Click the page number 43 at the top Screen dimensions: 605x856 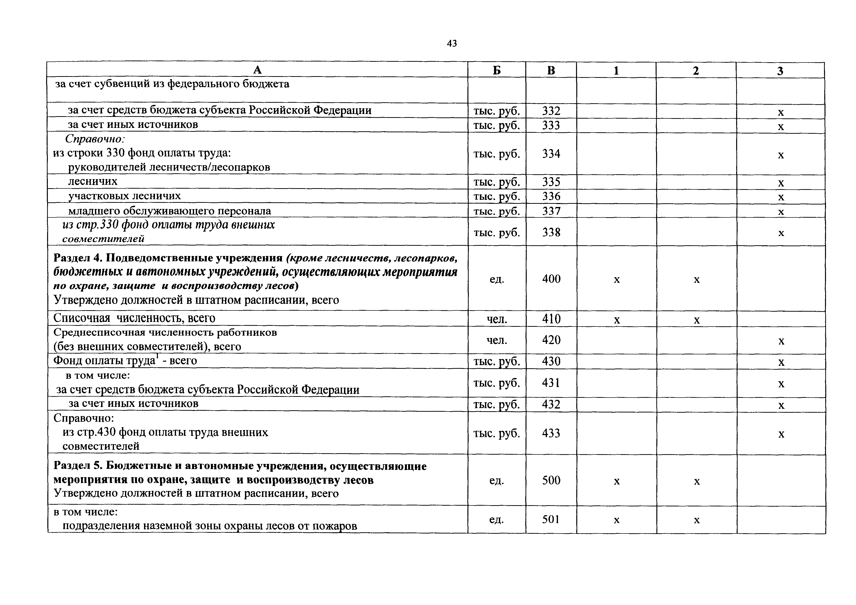coord(452,44)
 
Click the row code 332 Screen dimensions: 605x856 coord(551,111)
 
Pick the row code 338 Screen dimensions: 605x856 coord(551,232)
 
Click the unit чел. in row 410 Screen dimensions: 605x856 coord(497,319)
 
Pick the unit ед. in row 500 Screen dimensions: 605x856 coord(497,481)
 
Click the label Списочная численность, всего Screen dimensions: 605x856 coord(134,318)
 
